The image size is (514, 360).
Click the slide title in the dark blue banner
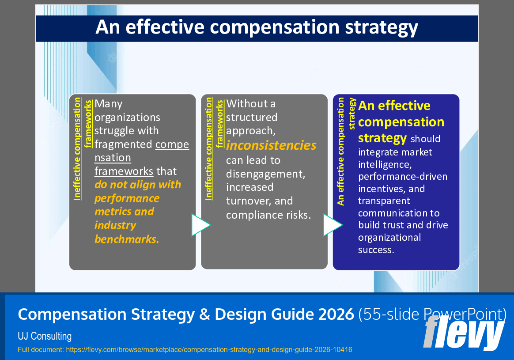(257, 27)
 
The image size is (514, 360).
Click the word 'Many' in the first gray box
(109, 104)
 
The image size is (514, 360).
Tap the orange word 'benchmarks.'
(127, 239)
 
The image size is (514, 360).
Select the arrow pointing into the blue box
(333, 225)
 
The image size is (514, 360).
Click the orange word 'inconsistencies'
(271, 145)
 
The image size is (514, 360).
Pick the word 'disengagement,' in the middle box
(265, 174)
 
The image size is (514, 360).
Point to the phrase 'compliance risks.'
(268, 215)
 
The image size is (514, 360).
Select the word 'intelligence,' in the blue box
(384, 164)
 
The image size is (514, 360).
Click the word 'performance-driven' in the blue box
(403, 177)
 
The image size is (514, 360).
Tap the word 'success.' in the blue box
(376, 250)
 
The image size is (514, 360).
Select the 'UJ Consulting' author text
(45, 336)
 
